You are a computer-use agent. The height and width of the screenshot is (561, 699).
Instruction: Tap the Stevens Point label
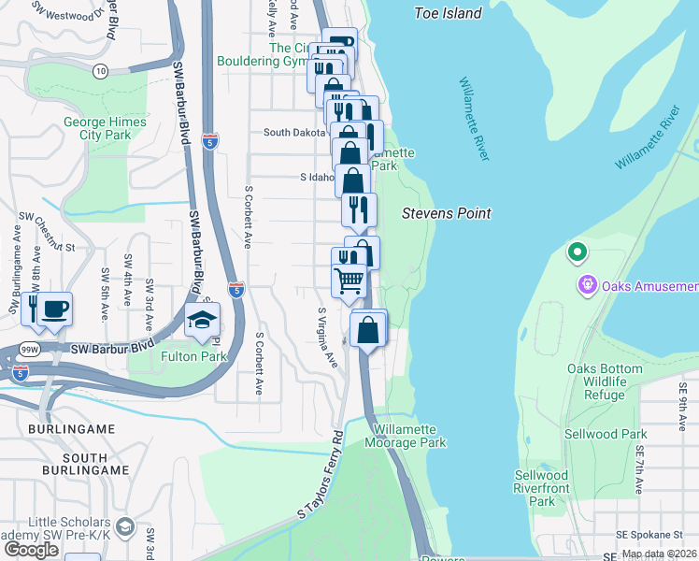[x=446, y=213]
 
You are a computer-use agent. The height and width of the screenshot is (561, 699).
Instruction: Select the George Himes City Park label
[x=105, y=128]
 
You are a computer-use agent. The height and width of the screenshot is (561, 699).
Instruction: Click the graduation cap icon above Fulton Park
[x=202, y=321]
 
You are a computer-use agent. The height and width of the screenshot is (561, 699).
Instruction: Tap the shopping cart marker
[x=349, y=279]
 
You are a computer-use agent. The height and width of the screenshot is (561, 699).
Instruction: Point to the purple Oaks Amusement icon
[x=587, y=284]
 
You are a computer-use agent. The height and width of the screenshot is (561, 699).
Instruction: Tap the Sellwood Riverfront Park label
[x=541, y=488]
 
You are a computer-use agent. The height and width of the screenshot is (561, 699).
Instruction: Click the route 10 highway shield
[x=100, y=70]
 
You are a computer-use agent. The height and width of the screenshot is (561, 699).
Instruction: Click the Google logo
[x=31, y=549]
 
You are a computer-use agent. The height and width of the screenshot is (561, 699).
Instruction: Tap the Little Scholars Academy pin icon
[x=127, y=529]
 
